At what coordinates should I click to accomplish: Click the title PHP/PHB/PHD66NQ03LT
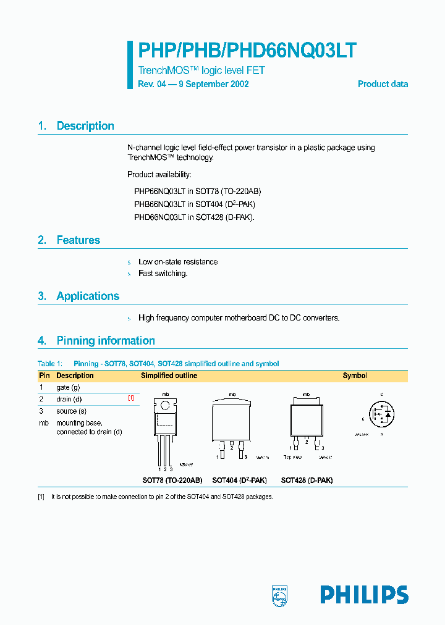(x=247, y=51)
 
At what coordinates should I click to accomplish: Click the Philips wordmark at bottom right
(x=364, y=595)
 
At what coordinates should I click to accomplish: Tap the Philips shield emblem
(x=280, y=595)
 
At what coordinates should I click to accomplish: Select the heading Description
(x=85, y=126)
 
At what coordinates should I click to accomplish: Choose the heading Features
(x=78, y=240)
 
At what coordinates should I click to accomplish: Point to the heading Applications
(x=88, y=296)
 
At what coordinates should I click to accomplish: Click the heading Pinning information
(x=105, y=341)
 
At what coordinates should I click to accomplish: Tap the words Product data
(x=383, y=84)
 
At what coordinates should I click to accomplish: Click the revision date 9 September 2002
(x=214, y=84)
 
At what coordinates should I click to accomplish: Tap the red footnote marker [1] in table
(x=130, y=398)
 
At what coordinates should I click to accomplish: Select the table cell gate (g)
(x=68, y=387)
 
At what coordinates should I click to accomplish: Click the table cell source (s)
(x=71, y=411)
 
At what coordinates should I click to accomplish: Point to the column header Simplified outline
(x=169, y=375)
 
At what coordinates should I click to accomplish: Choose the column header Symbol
(x=355, y=375)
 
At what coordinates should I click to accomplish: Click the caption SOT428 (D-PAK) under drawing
(x=307, y=480)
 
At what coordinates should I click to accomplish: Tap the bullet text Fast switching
(x=163, y=274)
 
